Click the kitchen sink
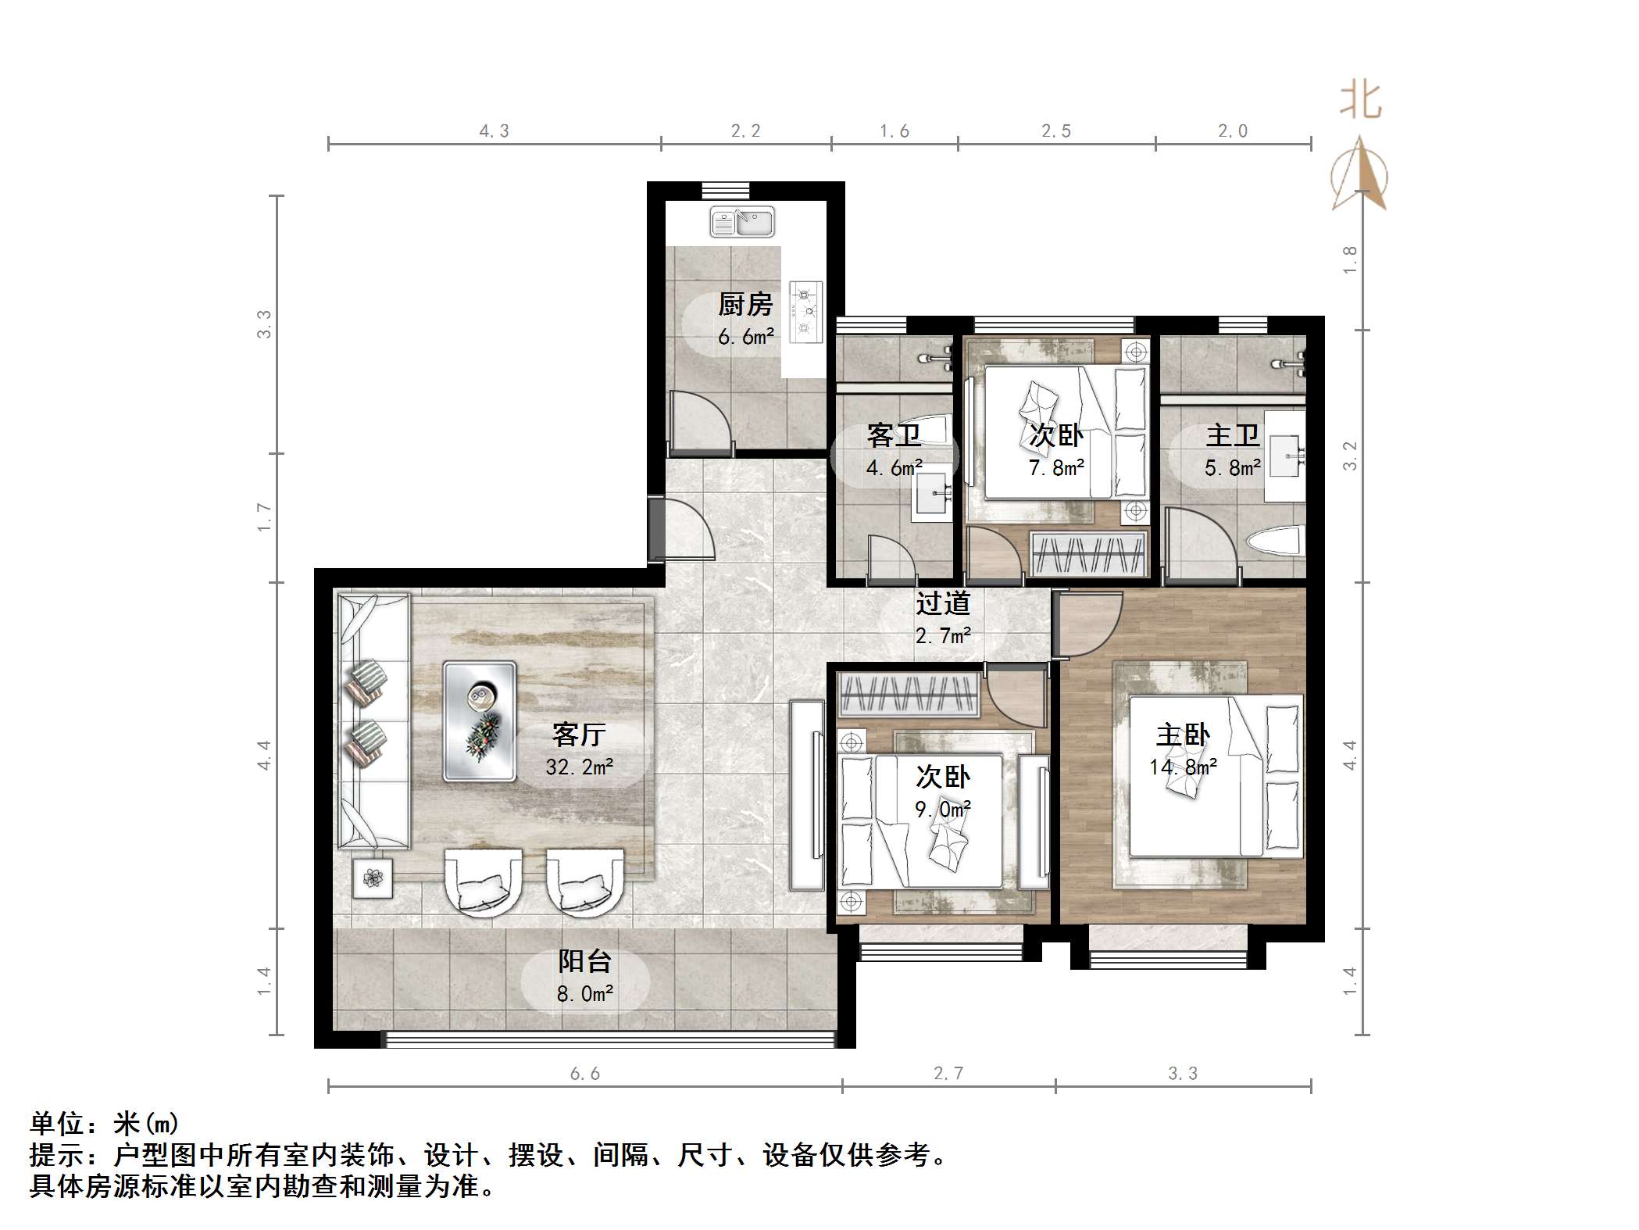[x=741, y=222]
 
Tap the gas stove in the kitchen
[x=805, y=312]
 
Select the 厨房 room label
[x=745, y=304]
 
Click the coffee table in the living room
[x=479, y=721]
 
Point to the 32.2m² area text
[x=579, y=767]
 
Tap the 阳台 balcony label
[x=584, y=961]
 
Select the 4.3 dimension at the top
[x=494, y=131]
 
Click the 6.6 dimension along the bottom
[x=584, y=1074]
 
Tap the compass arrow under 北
[x=1360, y=176]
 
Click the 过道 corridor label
[x=943, y=603]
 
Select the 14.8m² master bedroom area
[x=1183, y=767]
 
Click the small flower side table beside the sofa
[x=373, y=878]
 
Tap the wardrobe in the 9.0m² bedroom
[x=909, y=695]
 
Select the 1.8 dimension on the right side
[x=1350, y=259]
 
